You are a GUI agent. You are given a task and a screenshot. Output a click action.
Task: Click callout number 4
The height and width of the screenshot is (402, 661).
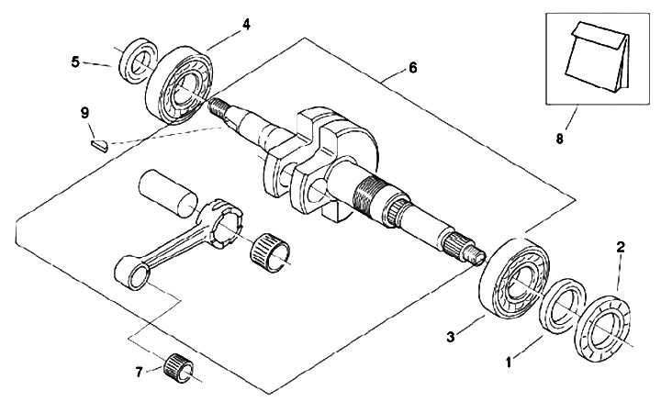(246, 25)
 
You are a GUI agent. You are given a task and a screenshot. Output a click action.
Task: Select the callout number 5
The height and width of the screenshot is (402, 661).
(75, 61)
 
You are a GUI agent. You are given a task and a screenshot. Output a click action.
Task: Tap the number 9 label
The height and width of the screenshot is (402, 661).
(84, 113)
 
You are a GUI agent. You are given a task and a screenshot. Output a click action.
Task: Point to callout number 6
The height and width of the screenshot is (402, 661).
(412, 67)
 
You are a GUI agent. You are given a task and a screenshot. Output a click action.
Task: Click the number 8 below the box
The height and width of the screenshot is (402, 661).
(559, 139)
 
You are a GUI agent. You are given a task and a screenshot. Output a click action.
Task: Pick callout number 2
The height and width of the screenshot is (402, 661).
(620, 247)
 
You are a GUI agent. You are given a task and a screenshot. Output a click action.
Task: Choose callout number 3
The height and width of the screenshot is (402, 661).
(450, 337)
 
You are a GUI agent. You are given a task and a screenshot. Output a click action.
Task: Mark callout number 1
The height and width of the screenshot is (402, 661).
(510, 362)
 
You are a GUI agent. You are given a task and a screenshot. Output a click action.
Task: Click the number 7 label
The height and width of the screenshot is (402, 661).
(140, 372)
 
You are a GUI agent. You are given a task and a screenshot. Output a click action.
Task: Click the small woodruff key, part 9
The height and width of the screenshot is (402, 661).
(100, 145)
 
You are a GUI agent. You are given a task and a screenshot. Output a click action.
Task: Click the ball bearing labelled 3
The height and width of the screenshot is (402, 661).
(514, 278)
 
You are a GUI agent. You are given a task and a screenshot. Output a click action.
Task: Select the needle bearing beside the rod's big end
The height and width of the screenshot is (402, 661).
(271, 252)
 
